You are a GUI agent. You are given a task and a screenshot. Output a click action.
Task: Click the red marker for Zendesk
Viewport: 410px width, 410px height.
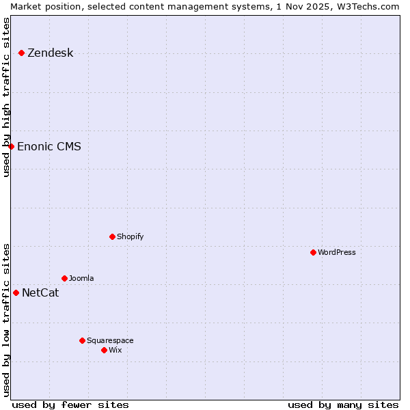[21, 53]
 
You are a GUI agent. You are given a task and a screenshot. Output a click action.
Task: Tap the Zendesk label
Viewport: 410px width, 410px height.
[50, 53]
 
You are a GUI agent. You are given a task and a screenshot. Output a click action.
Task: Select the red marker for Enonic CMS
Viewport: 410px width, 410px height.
[11, 146]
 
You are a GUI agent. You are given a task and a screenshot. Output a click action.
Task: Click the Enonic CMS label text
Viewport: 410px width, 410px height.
[49, 146]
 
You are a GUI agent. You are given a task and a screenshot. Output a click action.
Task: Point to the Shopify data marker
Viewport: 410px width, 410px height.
[112, 236]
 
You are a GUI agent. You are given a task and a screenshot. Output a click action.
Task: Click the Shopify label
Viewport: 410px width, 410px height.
[130, 236]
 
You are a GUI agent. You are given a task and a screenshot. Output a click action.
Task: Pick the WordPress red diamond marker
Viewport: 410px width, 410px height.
[313, 252]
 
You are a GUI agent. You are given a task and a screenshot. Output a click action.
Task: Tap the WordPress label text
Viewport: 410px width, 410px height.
[336, 252]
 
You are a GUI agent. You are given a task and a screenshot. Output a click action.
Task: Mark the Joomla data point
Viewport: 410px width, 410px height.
[64, 278]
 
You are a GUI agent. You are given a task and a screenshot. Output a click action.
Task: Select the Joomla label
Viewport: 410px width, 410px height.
[81, 278]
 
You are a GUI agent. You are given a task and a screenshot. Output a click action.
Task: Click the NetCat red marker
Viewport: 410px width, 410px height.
[16, 292]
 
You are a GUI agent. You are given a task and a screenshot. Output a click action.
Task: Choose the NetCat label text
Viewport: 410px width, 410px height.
[40, 293]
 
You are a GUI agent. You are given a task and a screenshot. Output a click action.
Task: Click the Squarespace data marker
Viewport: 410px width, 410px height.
[82, 340]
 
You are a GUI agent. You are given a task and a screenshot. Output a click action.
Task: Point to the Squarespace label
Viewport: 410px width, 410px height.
[110, 340]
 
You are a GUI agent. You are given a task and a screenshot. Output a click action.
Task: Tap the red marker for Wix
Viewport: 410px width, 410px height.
[104, 350]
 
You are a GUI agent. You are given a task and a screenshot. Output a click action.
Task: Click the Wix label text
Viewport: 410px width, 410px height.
[115, 350]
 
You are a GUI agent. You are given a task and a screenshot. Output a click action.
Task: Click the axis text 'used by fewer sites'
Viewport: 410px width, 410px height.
[70, 405]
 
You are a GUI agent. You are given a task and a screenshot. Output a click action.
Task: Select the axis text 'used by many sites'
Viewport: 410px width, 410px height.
[343, 405]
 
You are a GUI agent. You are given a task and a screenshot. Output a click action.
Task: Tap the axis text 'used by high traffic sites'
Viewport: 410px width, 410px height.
[6, 97]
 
